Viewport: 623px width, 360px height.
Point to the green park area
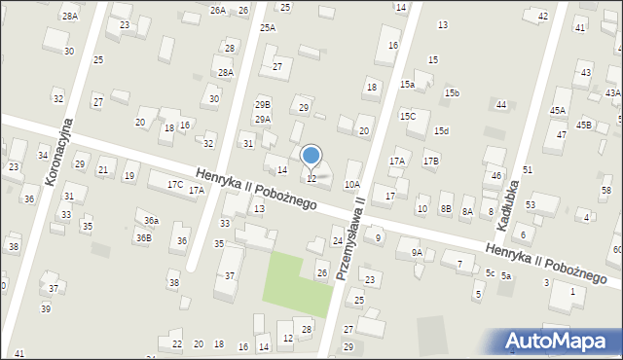coord(298,283)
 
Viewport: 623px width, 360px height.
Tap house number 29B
coord(263,104)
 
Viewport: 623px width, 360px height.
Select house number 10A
coord(352,184)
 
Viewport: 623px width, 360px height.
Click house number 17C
coord(175,184)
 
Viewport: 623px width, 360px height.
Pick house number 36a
coord(151,221)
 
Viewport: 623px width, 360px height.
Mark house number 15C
coord(408,116)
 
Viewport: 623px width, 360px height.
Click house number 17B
coord(430,161)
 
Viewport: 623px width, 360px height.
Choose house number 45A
coord(558,111)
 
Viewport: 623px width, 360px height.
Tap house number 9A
coord(417,253)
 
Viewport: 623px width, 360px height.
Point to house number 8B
coord(446,209)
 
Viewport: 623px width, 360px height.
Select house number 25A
coord(268,28)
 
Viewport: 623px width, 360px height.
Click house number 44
coord(501,104)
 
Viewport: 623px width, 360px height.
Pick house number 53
coord(531,204)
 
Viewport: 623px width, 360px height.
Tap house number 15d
coord(441,131)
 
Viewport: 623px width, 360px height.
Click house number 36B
coord(143,237)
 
